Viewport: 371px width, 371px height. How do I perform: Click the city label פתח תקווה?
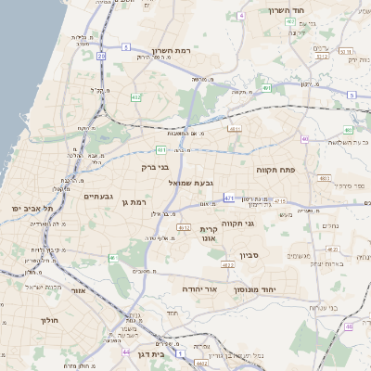tap(275, 170)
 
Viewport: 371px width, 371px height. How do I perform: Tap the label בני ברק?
tap(159, 168)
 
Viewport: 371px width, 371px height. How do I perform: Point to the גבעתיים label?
tap(97, 197)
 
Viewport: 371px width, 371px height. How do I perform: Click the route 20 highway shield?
tap(101, 57)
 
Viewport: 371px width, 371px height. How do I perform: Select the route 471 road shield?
tap(229, 198)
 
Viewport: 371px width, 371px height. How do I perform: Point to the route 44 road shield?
tap(126, 352)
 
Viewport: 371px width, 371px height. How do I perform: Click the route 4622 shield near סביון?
tap(228, 265)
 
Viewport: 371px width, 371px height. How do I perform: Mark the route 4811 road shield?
tap(234, 129)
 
